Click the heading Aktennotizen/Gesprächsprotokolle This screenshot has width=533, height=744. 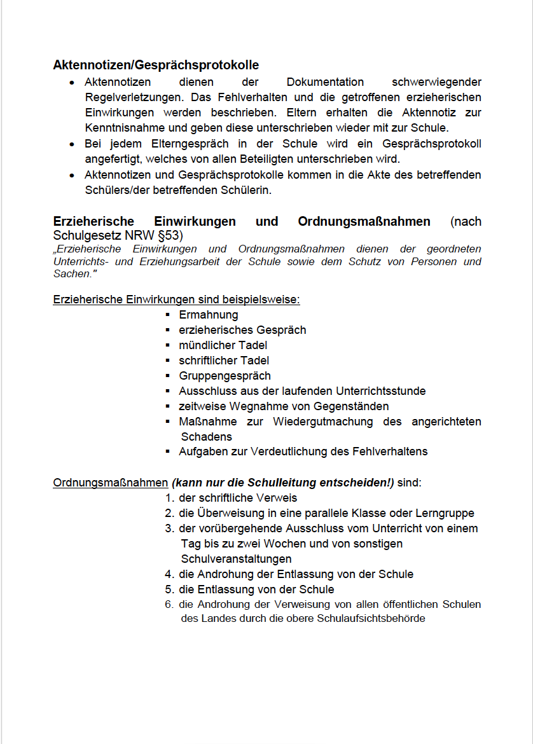tap(156, 65)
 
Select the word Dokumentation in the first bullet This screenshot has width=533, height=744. tap(325, 82)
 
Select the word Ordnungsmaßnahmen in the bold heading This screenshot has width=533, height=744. tap(364, 222)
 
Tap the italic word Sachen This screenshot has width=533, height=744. tap(72, 273)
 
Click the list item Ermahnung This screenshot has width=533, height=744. tap(209, 315)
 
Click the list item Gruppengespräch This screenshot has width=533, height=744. tap(225, 376)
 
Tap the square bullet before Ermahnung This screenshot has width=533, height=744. tap(167, 315)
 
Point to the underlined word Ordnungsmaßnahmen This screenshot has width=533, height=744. tap(110, 483)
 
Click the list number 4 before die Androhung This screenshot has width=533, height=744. tap(169, 574)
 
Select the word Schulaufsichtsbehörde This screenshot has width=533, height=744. tap(370, 618)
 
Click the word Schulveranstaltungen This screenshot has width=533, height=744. tap(236, 559)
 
